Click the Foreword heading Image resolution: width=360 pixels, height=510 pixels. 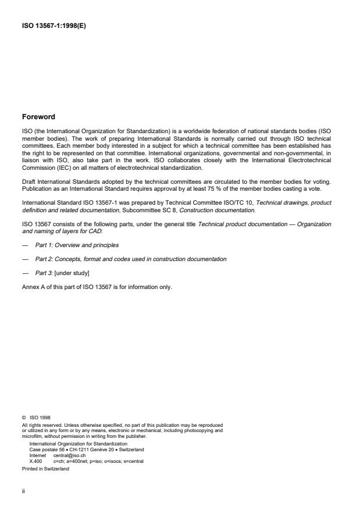coord(39,117)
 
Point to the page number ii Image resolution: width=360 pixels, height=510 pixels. coord(23,490)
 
